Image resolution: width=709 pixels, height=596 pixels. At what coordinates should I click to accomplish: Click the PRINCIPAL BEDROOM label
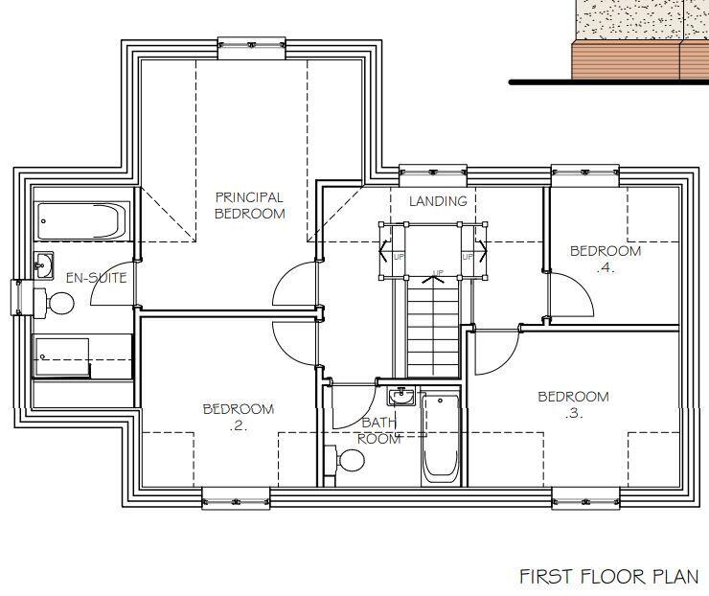249,206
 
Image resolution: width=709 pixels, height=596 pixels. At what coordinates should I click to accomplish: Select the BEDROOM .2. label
238,418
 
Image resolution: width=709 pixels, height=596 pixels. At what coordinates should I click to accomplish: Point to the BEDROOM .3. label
573,404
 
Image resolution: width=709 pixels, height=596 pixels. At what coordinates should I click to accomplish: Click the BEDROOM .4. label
606,260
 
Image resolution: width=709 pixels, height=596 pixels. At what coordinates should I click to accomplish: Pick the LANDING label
438,201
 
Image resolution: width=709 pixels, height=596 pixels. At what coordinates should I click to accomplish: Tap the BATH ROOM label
378,430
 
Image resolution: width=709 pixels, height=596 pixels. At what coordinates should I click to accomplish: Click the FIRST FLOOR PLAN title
608,576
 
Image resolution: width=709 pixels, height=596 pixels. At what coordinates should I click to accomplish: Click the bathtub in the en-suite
82,221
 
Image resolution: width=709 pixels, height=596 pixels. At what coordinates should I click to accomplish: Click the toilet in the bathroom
348,461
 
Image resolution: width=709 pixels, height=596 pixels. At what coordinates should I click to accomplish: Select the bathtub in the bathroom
440,439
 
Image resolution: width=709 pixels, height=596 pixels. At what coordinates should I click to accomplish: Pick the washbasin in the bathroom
401,396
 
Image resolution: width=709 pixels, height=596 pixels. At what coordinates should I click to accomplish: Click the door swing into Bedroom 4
572,297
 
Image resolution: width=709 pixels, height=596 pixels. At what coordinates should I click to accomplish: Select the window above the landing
433,173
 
